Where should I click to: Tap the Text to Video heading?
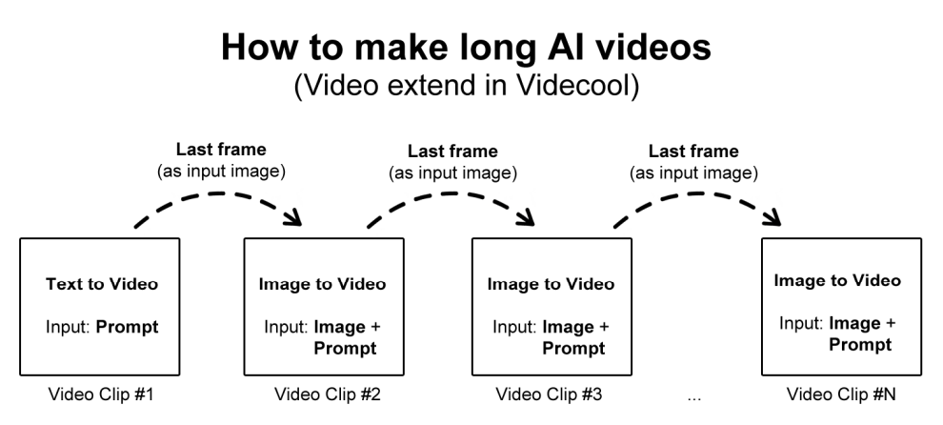102,283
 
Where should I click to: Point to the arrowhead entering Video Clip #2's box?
294,219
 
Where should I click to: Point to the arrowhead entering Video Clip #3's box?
525,219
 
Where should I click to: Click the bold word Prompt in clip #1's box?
129,327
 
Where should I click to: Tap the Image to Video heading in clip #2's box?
322,284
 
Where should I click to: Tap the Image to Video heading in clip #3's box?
551,284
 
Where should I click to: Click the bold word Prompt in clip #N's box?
860,344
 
